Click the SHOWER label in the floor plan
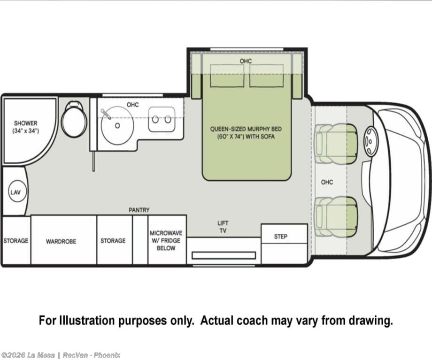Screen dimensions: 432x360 click(26, 123)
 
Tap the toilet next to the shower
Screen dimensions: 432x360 click(74, 119)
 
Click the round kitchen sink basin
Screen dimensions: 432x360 click(117, 126)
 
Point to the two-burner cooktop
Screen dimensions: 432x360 click(162, 119)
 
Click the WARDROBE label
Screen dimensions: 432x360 click(61, 242)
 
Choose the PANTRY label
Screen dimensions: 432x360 click(139, 210)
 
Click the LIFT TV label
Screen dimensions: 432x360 click(223, 227)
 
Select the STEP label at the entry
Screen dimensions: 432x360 click(281, 237)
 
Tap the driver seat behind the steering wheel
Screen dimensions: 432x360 click(336, 144)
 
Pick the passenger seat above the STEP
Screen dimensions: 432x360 click(336, 217)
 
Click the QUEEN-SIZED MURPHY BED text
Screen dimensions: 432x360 click(246, 129)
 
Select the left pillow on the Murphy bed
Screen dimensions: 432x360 click(227, 76)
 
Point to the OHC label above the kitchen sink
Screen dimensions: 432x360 click(132, 105)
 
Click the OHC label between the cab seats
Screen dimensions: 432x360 click(327, 182)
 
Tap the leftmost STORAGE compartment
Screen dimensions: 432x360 click(16, 240)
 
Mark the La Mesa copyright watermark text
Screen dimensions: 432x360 click(61, 355)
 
